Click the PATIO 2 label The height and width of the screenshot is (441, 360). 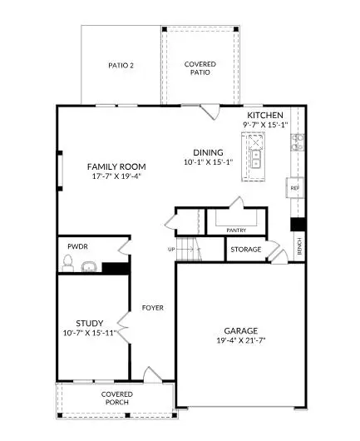[x=121, y=65]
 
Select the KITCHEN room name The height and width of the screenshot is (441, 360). [x=264, y=115]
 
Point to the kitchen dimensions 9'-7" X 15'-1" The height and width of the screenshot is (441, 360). [x=264, y=125]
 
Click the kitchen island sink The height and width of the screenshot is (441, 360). [x=257, y=157]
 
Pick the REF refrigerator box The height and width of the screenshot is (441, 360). [x=294, y=188]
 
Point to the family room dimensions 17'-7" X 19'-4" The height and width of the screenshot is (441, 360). [x=116, y=177]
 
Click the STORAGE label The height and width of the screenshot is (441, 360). [x=247, y=249]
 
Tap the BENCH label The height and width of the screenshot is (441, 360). [x=299, y=246]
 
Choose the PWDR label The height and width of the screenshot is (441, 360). [x=78, y=247]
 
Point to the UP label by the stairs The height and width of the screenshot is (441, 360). [x=171, y=249]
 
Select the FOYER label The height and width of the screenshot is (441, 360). [x=152, y=307]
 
